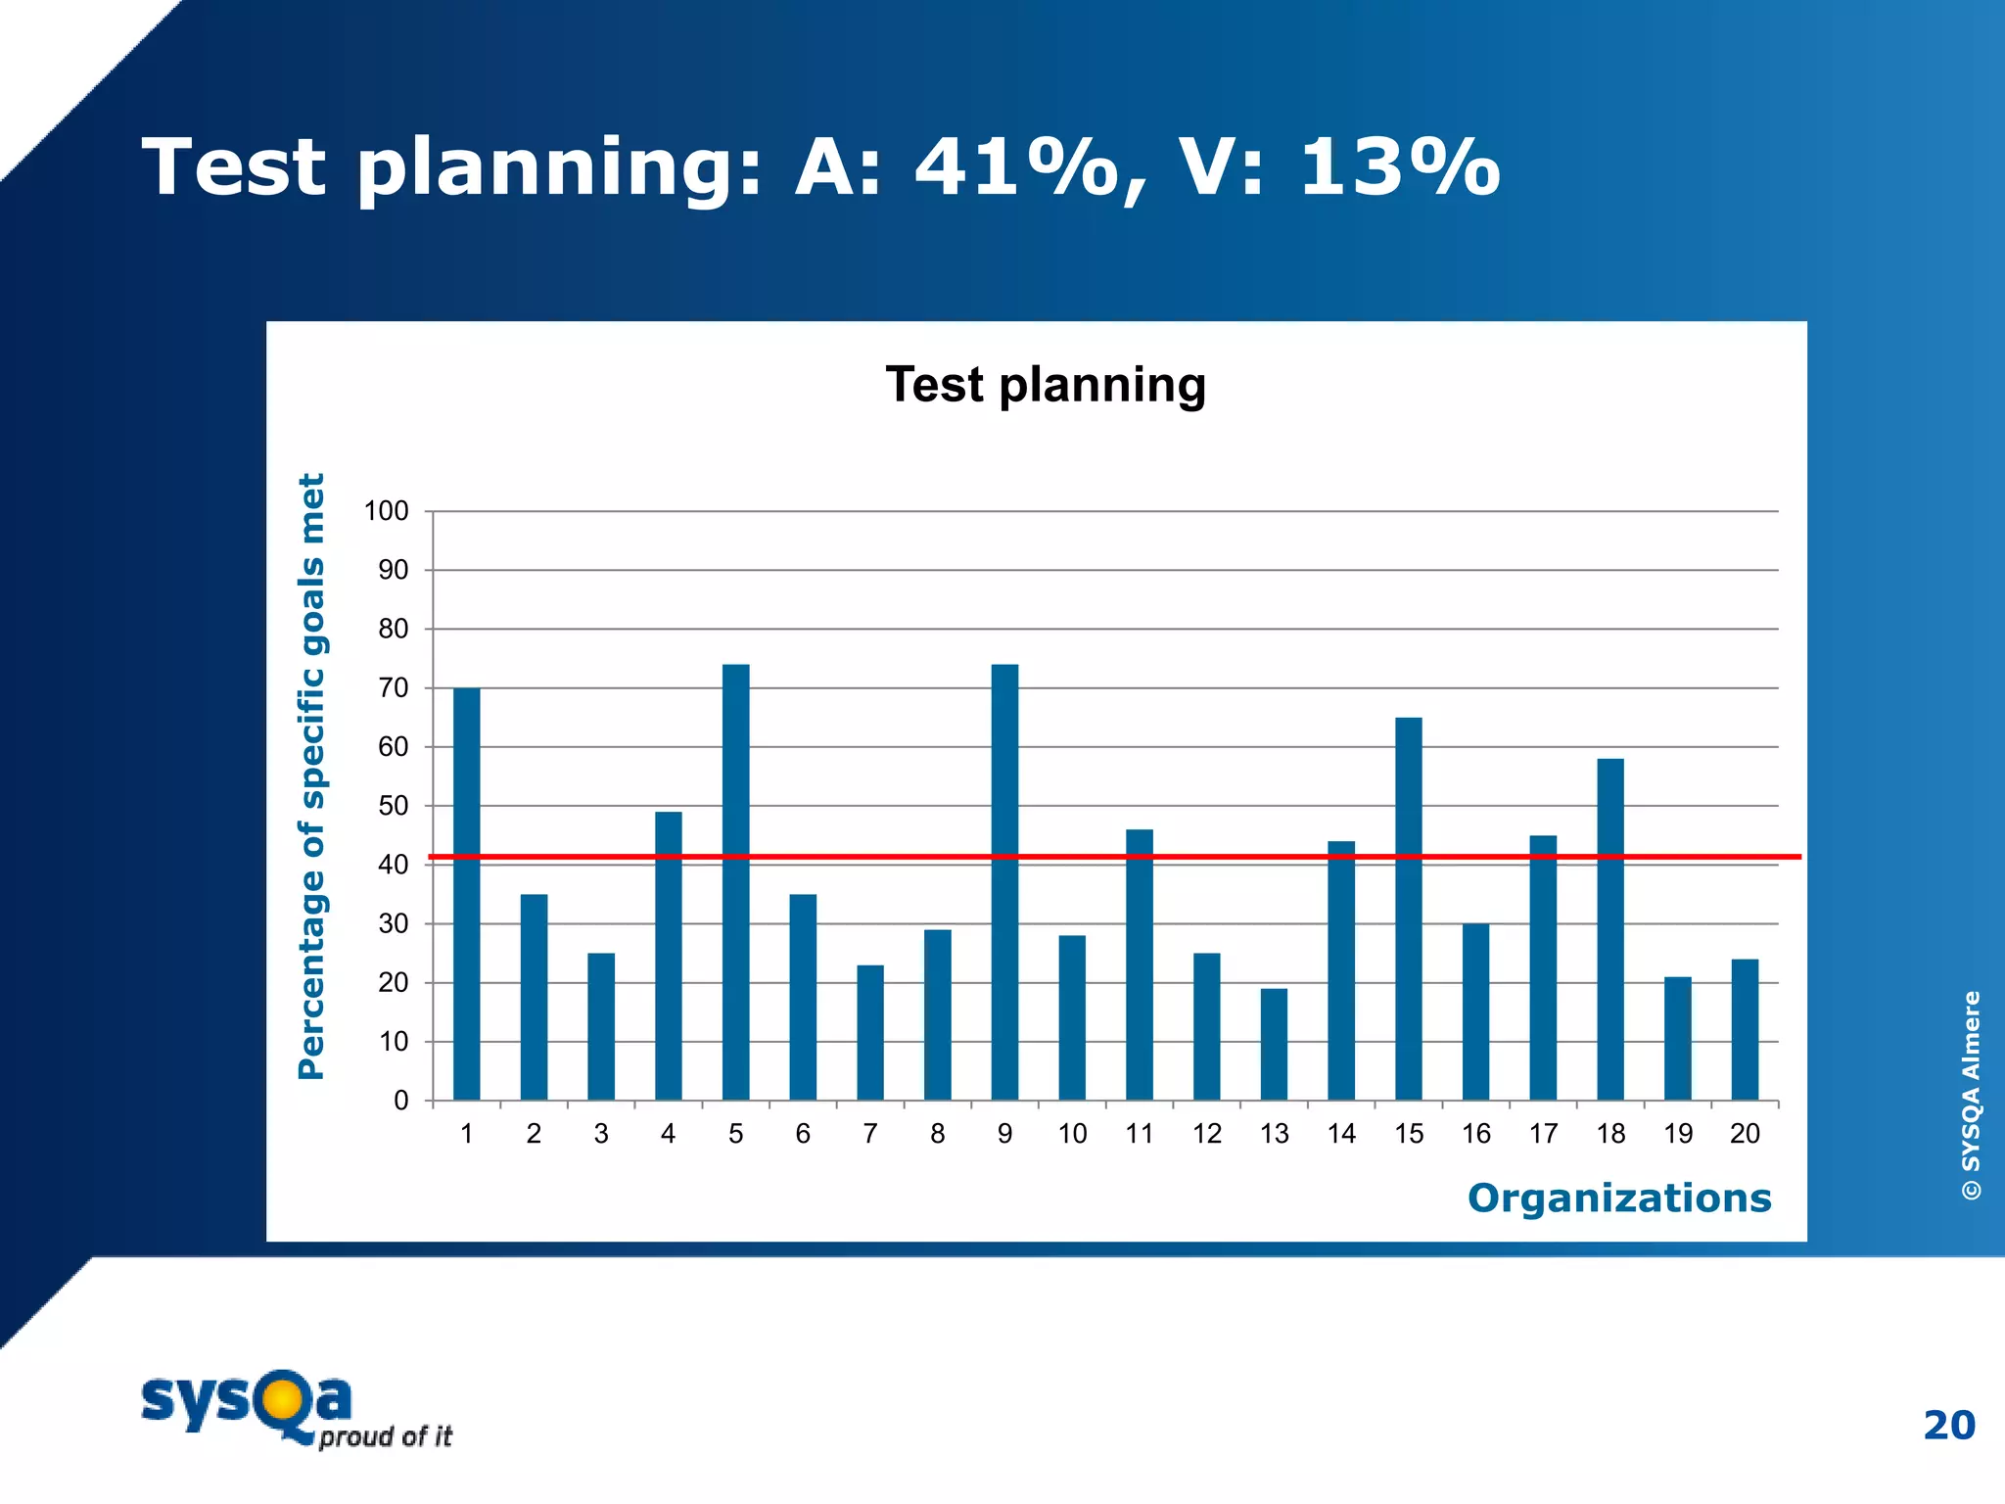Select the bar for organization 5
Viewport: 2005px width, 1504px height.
click(735, 881)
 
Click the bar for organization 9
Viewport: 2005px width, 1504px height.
click(1004, 881)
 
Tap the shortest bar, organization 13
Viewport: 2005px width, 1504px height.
click(1274, 1044)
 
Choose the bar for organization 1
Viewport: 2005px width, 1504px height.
click(466, 893)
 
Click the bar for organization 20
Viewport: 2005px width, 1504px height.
click(1745, 1029)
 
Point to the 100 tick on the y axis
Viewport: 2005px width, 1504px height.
click(386, 511)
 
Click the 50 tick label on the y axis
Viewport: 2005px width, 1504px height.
click(393, 806)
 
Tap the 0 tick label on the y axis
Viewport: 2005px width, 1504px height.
click(400, 1101)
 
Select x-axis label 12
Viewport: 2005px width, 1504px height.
click(1206, 1134)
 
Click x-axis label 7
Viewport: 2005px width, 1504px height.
click(869, 1134)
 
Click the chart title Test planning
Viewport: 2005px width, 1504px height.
click(1045, 384)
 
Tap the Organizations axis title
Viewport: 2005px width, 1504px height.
click(1618, 1198)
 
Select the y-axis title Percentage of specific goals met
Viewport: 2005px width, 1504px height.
click(311, 775)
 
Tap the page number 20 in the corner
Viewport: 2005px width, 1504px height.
click(1948, 1425)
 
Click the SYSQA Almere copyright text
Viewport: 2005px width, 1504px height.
click(1971, 1095)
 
